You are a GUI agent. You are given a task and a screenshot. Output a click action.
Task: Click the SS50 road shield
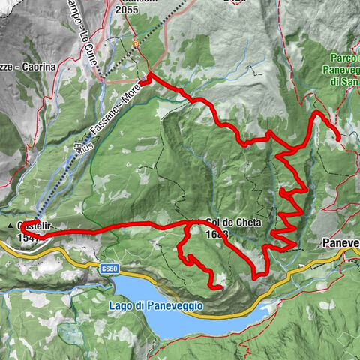110,268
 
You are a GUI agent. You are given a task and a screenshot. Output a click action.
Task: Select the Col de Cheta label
227,223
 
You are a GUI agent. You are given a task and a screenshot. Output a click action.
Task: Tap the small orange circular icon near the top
136,44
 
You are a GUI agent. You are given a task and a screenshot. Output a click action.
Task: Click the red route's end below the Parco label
338,138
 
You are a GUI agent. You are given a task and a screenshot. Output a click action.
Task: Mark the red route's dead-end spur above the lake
220,286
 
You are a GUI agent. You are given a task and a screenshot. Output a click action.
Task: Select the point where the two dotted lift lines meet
136,44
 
